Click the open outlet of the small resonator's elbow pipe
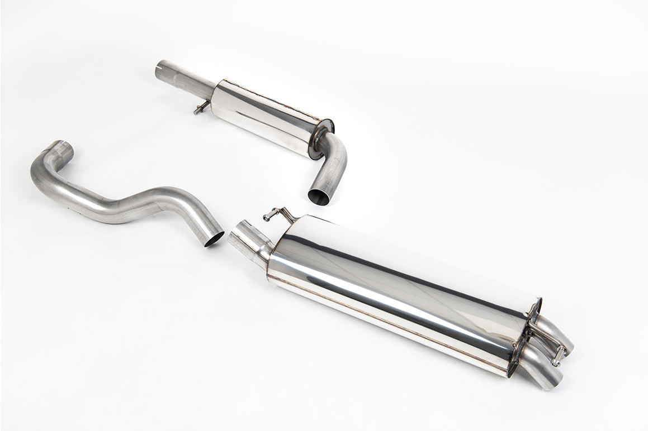319,197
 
